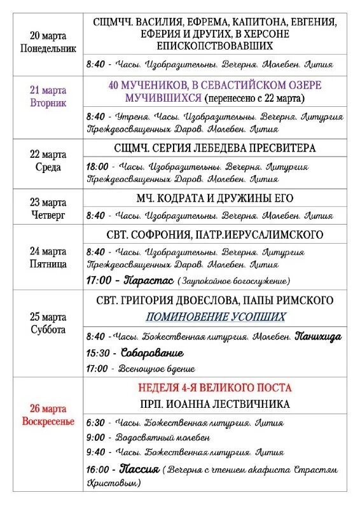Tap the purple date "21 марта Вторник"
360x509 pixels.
(48, 96)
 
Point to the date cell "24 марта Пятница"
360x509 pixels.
(48, 257)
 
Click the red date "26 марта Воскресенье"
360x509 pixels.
(48, 415)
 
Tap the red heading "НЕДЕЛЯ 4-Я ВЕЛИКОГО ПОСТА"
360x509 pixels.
(214, 387)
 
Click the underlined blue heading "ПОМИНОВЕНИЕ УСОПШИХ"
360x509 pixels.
(214, 316)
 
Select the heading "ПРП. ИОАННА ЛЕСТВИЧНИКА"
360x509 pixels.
(214, 404)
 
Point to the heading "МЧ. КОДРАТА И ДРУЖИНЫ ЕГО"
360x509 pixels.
(214, 198)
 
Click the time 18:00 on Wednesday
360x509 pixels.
(97, 167)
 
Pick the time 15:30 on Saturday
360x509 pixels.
(97, 353)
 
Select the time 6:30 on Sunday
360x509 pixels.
(95, 422)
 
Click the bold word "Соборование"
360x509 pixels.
(152, 353)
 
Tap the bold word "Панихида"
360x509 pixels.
(318, 336)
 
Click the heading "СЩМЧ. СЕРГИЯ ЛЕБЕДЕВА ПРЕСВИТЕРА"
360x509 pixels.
(214, 148)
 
